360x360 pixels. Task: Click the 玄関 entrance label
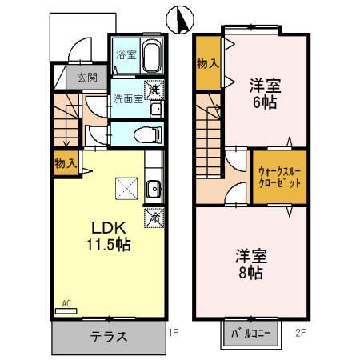click(x=86, y=78)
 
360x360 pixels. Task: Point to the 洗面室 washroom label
click(x=126, y=99)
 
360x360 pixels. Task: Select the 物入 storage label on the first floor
click(x=66, y=163)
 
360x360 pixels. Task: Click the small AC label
click(x=67, y=303)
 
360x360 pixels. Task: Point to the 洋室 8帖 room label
click(x=250, y=264)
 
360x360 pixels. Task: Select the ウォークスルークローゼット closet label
click(x=280, y=177)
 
